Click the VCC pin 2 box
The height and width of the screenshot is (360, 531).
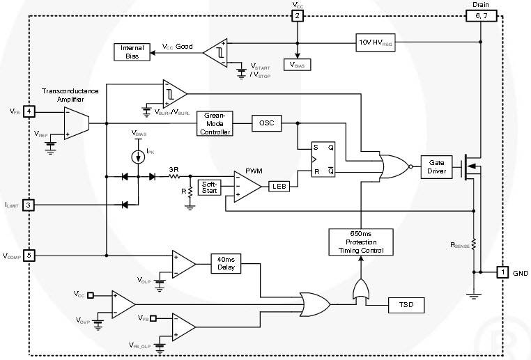coord(298,15)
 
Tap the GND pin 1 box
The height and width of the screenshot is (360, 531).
coord(502,273)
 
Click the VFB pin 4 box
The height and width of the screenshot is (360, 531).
coord(29,111)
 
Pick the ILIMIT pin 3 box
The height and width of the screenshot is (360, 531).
coord(29,205)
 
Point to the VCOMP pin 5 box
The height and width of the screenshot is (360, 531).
coord(29,255)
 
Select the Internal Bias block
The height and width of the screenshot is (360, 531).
coord(132,52)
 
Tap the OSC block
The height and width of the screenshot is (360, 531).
coord(266,123)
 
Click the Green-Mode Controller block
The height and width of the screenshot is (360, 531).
coord(214,123)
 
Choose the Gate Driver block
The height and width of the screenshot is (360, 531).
coord(437,166)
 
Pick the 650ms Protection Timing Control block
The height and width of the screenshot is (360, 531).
coord(360,241)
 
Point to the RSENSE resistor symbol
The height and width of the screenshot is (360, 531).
coord(473,244)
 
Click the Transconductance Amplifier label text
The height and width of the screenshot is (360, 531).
coord(70,95)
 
